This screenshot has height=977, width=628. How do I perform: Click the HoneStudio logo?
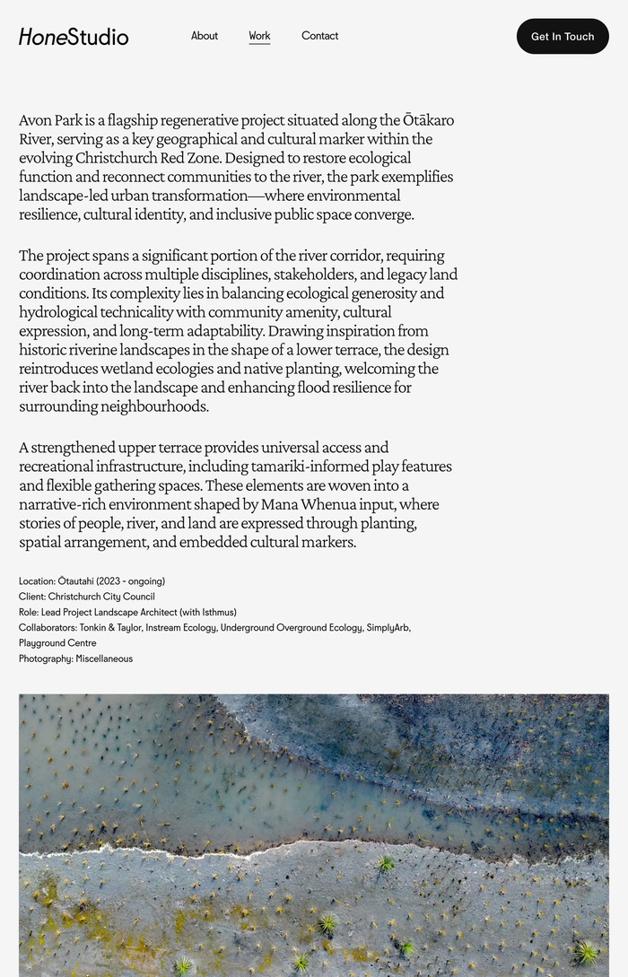74,37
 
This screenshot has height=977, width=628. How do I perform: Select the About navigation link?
205,36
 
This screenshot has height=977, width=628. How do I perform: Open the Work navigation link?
259,36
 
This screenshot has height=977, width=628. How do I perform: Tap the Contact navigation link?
319,36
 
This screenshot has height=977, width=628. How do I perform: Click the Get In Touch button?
563,37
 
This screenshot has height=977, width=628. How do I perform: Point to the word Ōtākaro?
428,120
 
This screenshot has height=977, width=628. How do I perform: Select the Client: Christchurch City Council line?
87,597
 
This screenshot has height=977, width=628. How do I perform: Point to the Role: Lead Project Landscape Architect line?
127,612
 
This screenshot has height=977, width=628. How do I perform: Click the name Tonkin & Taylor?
110,628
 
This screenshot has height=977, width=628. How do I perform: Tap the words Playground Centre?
57,643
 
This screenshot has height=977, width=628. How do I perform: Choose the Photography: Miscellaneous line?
75,659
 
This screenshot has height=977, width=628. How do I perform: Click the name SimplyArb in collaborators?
388,628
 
